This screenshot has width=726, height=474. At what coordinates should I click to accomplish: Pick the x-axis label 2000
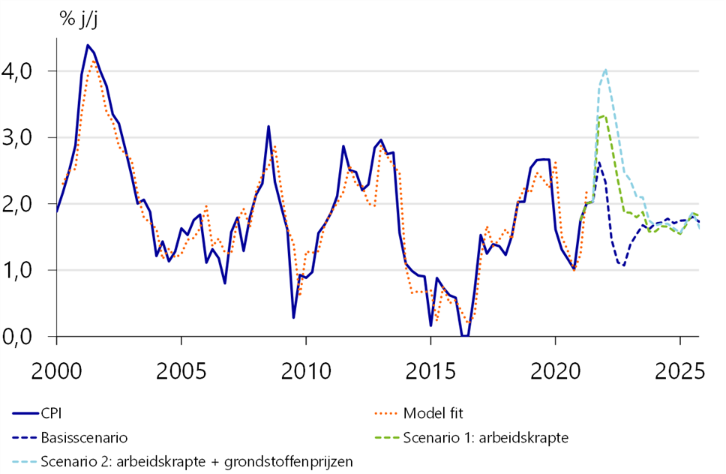coord(56,371)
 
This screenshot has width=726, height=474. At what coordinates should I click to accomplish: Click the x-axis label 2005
coord(181,371)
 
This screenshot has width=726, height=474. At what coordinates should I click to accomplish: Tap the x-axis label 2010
coord(306,371)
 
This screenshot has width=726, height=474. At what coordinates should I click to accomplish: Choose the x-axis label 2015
coord(430,371)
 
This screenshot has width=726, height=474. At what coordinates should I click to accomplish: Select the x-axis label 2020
coord(555,371)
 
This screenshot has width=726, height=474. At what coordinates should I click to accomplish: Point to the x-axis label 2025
coord(679,371)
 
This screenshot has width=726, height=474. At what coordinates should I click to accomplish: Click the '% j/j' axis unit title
coord(79,19)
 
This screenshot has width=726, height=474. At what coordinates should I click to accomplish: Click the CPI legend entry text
coord(51,413)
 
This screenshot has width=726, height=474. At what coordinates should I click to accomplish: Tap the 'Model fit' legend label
coord(433,413)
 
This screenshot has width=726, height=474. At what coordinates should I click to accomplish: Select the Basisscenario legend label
coord(84,437)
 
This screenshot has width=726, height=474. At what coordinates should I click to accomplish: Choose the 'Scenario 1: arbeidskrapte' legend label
coord(486,437)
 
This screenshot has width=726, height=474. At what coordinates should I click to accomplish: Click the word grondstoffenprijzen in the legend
coord(289,461)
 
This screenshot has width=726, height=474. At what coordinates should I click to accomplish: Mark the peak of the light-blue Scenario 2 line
coord(605,70)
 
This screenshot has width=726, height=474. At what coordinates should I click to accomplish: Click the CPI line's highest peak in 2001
coord(88,45)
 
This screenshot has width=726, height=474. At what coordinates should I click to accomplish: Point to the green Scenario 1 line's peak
coord(603,116)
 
